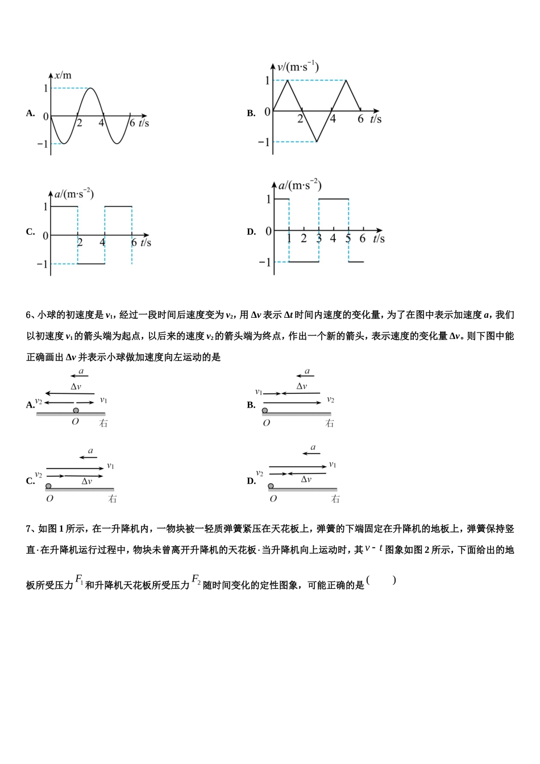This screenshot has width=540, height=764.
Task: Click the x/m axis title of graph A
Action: click(63, 76)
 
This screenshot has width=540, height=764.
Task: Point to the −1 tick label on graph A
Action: click(43, 144)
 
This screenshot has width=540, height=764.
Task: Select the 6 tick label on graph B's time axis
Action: click(360, 119)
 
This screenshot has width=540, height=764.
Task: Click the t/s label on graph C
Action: click(146, 243)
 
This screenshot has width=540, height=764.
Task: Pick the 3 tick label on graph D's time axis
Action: click(319, 239)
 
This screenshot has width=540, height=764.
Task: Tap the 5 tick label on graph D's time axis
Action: click(348, 239)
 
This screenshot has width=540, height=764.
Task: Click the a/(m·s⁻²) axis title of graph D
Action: click(300, 186)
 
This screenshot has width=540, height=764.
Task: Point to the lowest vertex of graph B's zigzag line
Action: click(317, 142)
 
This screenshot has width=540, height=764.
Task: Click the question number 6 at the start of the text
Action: click(29, 315)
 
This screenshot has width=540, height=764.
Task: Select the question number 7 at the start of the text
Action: click(29, 529)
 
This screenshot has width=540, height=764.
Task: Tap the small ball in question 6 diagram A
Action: click(76, 410)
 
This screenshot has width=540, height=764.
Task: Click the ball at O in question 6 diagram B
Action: click(265, 410)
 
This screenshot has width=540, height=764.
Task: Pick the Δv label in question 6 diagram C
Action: click(86, 481)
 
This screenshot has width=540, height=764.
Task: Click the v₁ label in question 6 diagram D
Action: click(333, 465)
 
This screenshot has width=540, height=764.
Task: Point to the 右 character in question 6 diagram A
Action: click(103, 423)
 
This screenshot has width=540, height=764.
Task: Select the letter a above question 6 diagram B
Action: click(307, 371)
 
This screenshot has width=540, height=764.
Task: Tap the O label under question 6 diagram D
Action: click(273, 499)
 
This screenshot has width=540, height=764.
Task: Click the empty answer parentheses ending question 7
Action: click(381, 580)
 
